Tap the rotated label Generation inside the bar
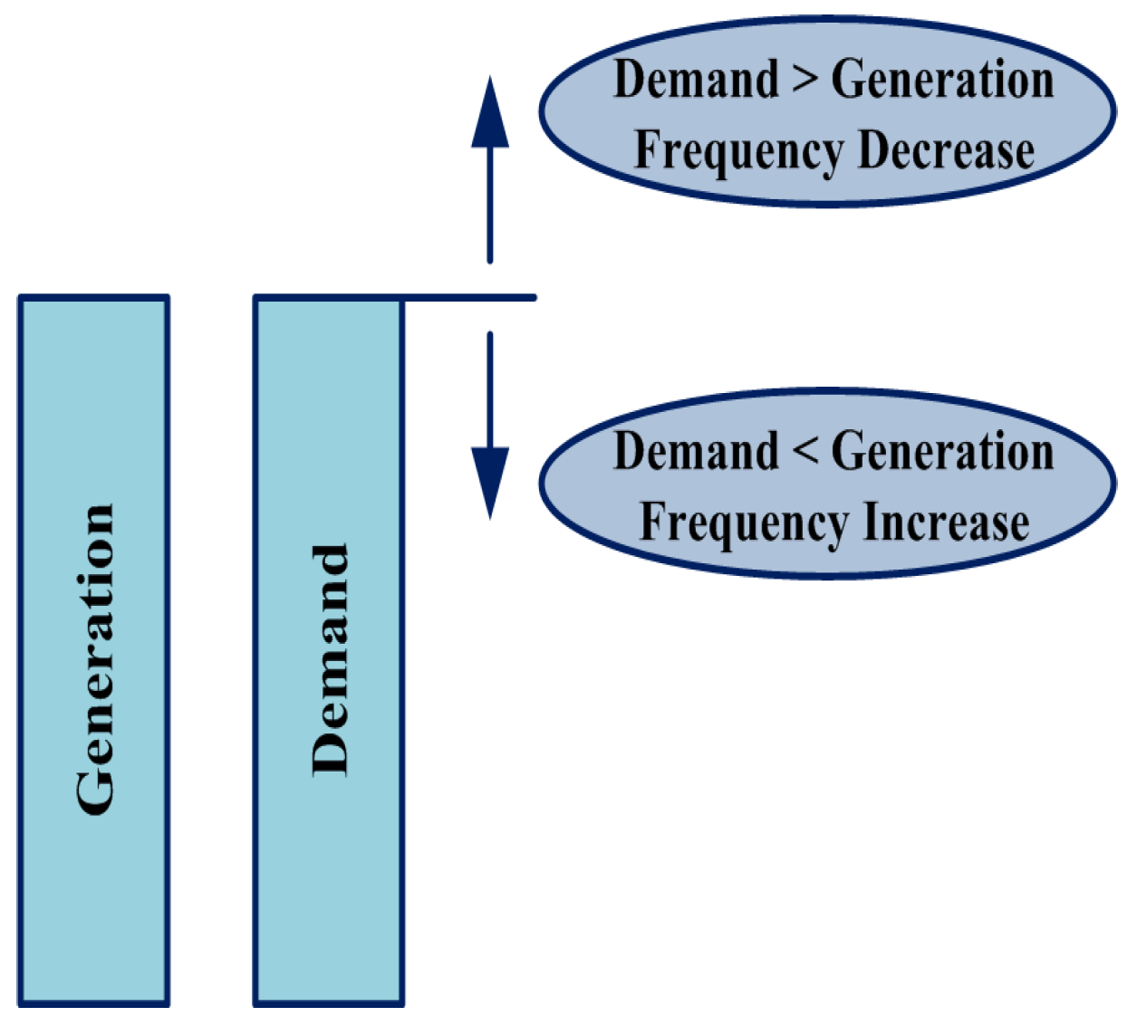click(95, 659)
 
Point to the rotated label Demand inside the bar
click(331, 659)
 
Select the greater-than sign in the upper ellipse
click(804, 80)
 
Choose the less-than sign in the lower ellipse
click(804, 452)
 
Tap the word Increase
click(946, 523)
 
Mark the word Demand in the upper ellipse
click(695, 79)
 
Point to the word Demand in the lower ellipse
click(695, 451)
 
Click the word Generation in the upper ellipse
click(942, 80)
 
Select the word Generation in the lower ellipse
click(942, 452)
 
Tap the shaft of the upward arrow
click(490, 204)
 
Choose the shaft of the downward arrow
click(490, 389)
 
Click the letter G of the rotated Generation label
click(95, 791)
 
